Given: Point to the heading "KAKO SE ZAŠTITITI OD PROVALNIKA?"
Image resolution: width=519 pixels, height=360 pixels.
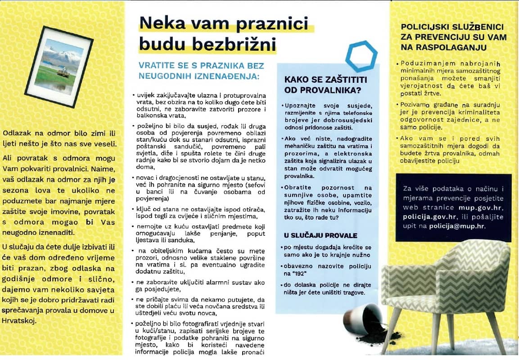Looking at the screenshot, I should (326, 85).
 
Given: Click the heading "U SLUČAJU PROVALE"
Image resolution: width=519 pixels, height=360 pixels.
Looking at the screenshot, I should (320, 235).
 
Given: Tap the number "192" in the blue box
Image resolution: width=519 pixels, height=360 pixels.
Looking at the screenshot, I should (311, 273).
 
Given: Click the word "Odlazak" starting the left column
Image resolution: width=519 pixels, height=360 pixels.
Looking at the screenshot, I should (16, 133).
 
